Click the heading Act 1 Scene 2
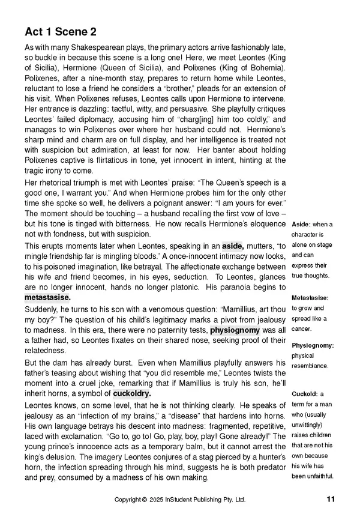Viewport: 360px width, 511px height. coord(61,31)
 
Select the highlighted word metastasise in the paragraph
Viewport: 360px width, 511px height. coord(47,297)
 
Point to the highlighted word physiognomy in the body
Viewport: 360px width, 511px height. coord(235,330)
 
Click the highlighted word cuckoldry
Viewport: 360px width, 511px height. coord(132,393)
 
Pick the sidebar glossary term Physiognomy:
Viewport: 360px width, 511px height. coord(313,345)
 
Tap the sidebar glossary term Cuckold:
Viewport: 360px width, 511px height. coord(305,394)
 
